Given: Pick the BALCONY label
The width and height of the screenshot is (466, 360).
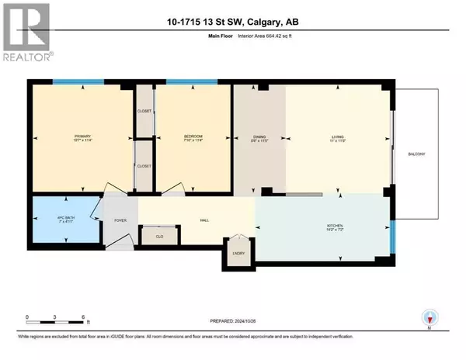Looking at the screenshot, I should tap(417, 154).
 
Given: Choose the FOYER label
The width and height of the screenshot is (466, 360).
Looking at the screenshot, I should tap(120, 220).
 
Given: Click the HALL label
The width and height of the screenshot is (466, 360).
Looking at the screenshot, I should tap(205, 220).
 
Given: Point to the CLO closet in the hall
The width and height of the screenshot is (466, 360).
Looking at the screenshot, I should tap(158, 236).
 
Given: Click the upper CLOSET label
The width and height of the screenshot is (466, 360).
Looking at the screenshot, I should tap(144, 111).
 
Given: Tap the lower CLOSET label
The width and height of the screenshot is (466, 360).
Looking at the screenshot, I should tap(144, 166).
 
